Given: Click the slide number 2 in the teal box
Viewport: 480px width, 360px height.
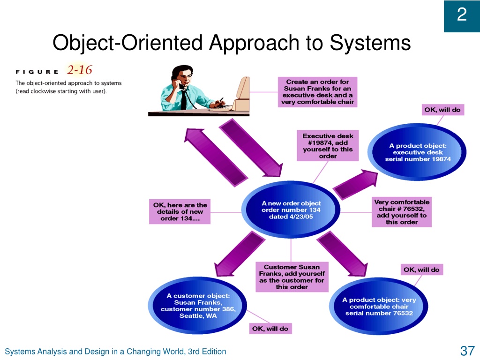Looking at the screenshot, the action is click(462, 15).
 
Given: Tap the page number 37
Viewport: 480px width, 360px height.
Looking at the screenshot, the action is click(467, 351).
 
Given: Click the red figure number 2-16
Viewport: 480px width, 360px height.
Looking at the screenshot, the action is click(80, 70).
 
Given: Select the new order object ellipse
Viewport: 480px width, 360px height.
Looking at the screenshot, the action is click(291, 210).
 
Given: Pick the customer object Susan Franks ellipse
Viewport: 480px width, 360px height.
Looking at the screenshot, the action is click(197, 306).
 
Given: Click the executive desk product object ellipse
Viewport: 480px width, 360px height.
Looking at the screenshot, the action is click(417, 152).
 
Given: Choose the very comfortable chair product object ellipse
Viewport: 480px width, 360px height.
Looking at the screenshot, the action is click(379, 307).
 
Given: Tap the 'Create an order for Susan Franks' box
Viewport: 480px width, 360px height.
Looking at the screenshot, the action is click(317, 92).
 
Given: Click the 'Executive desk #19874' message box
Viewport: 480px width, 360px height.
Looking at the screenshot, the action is click(328, 146).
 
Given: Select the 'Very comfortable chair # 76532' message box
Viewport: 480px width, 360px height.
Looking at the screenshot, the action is click(402, 212).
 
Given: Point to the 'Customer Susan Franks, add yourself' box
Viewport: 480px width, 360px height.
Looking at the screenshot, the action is click(292, 277).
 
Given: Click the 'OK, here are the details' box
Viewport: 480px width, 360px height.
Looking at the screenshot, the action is click(180, 211).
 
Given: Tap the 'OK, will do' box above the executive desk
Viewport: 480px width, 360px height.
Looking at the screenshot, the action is click(442, 110).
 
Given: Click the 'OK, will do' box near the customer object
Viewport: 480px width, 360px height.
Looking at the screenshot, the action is click(270, 329).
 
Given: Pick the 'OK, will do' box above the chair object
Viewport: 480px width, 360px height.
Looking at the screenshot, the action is click(421, 270).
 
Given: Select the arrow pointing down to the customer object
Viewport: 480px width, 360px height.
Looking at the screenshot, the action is click(239, 254).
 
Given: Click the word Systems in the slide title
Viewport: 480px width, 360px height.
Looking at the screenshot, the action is click(370, 43).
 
